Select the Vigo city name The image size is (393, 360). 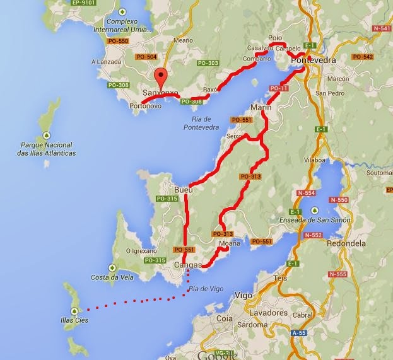[243, 294]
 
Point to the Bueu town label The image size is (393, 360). [183, 189]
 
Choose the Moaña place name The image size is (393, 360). [228, 243]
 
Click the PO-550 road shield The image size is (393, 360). [119, 41]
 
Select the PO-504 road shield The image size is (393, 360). [146, 57]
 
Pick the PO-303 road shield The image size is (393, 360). [208, 63]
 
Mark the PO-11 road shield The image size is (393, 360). [278, 88]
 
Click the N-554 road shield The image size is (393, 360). [306, 193]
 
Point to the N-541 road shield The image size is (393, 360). [382, 28]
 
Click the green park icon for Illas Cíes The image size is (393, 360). [74, 310]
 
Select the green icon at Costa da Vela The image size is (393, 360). [112, 267]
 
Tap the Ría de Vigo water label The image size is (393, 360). [206, 289]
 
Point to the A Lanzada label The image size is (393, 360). [105, 62]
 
